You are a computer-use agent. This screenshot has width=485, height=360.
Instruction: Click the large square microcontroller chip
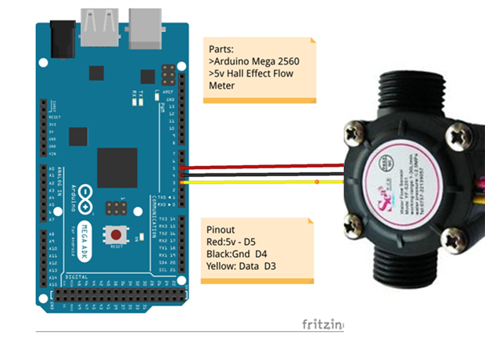click(117, 167)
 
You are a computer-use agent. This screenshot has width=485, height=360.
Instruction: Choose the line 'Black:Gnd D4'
click(245, 255)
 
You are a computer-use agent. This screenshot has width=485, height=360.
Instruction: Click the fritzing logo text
click(322, 324)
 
